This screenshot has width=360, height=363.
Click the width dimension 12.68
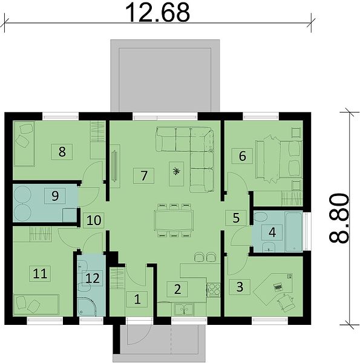tap(157, 13)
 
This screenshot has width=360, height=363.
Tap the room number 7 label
tap(144, 175)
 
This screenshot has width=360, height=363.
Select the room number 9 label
tap(55, 196)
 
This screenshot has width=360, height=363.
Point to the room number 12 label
tap(93, 278)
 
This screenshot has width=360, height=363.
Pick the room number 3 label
tap(240, 287)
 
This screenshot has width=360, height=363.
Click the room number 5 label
tap(236, 218)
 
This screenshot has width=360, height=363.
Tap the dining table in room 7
tap(174, 220)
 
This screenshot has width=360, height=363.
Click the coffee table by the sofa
tap(177, 174)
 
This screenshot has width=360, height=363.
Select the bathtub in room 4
tap(293, 232)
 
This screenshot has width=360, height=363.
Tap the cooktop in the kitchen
tap(214, 290)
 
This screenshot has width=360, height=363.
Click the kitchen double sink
tap(184, 310)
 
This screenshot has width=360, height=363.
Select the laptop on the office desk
tap(278, 287)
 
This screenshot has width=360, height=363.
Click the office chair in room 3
tap(286, 302)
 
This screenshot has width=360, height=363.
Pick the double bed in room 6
tap(278, 159)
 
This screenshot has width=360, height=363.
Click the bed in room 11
tap(36, 305)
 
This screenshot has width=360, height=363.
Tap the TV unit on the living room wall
tap(114, 166)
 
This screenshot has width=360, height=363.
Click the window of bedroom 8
tap(61, 116)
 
